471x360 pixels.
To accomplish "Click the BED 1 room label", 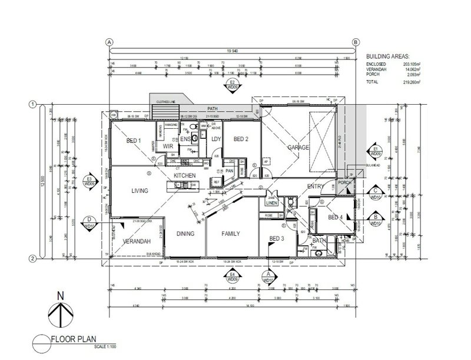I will click(x=134, y=141).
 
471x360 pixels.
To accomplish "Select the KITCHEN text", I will click(x=184, y=176).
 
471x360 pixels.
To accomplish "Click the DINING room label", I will click(x=186, y=234).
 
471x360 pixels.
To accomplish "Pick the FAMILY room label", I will click(x=231, y=234).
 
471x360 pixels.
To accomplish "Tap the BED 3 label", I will click(x=277, y=238).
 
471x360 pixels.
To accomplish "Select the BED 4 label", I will click(x=336, y=218).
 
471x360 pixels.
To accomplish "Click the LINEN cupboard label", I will click(x=272, y=204).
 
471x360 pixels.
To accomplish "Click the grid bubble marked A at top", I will click(x=108, y=42).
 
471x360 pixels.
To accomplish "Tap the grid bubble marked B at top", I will click(x=356, y=42).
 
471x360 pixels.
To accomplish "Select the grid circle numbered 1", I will click(x=33, y=105).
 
